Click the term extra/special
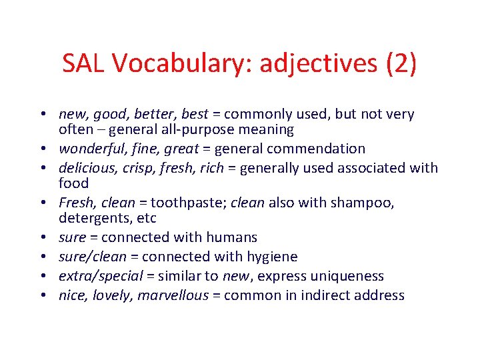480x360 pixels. pyautogui.click(x=100, y=276)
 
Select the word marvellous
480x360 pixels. pyautogui.click(x=173, y=295)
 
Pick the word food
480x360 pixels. pyautogui.click(x=73, y=183)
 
